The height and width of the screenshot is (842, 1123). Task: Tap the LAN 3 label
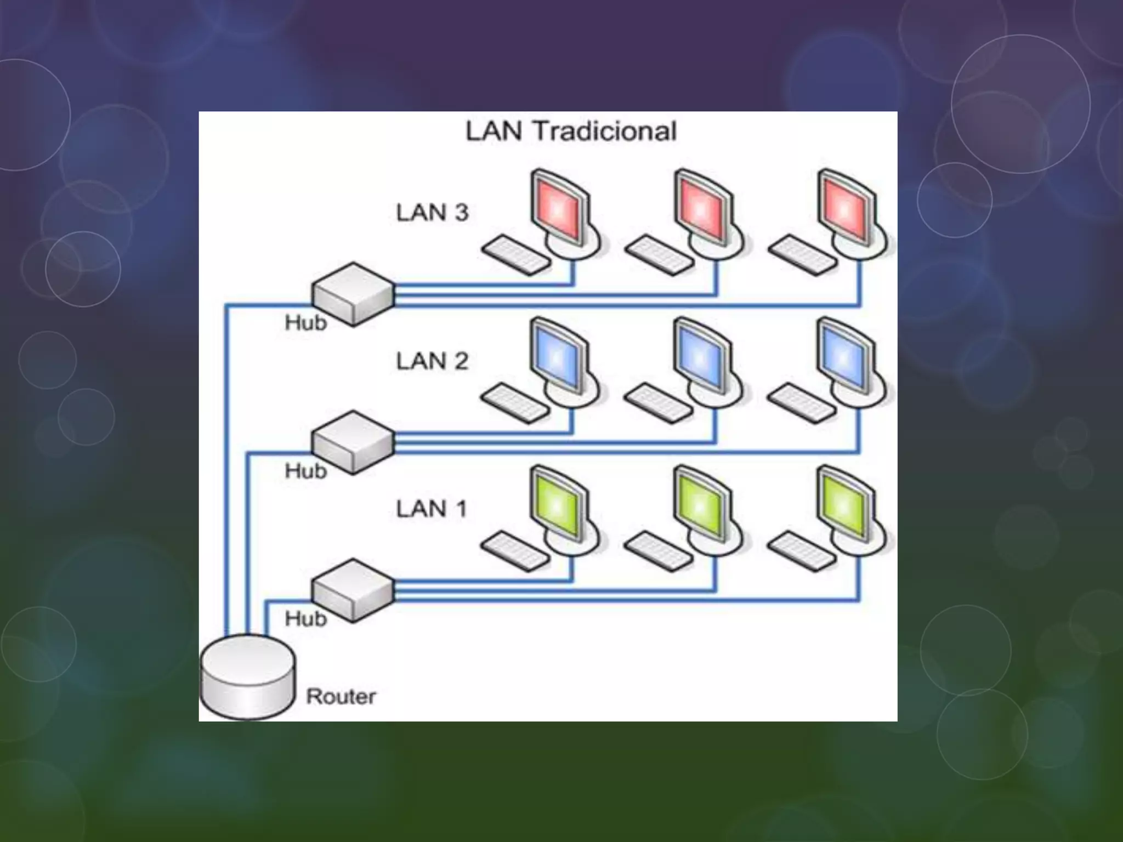coord(432,213)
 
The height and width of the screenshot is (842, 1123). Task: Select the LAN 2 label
coord(432,361)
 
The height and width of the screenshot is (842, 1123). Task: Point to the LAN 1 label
coord(431,509)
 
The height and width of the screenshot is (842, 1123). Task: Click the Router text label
coord(341,697)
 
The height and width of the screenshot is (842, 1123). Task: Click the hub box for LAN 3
coord(353,294)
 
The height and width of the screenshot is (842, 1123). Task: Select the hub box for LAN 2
coord(353,442)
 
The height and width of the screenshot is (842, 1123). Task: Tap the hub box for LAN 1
coord(353,590)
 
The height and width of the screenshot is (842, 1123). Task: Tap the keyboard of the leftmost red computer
coord(516,255)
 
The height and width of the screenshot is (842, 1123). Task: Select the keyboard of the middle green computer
coord(659,551)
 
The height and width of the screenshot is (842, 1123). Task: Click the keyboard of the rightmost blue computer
coord(802,403)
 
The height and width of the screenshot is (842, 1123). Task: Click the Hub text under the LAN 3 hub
coord(305,323)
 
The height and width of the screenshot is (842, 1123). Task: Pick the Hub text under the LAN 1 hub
coord(305,619)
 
